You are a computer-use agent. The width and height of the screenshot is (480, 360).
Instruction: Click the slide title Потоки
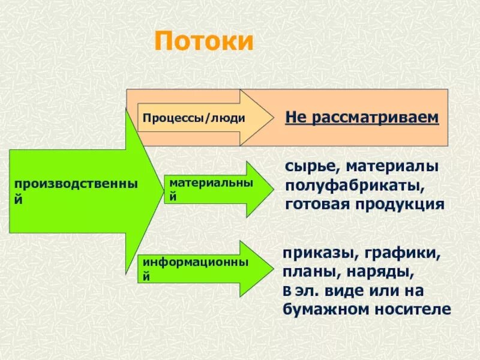tap(205, 43)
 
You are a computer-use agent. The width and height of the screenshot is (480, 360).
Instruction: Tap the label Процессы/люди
tap(194, 118)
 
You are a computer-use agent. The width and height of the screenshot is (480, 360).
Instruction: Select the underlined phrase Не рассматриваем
tap(362, 118)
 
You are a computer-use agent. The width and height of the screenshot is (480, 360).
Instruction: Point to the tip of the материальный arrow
tap(271, 189)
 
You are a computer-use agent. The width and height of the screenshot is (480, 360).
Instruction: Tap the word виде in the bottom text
tap(356, 291)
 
